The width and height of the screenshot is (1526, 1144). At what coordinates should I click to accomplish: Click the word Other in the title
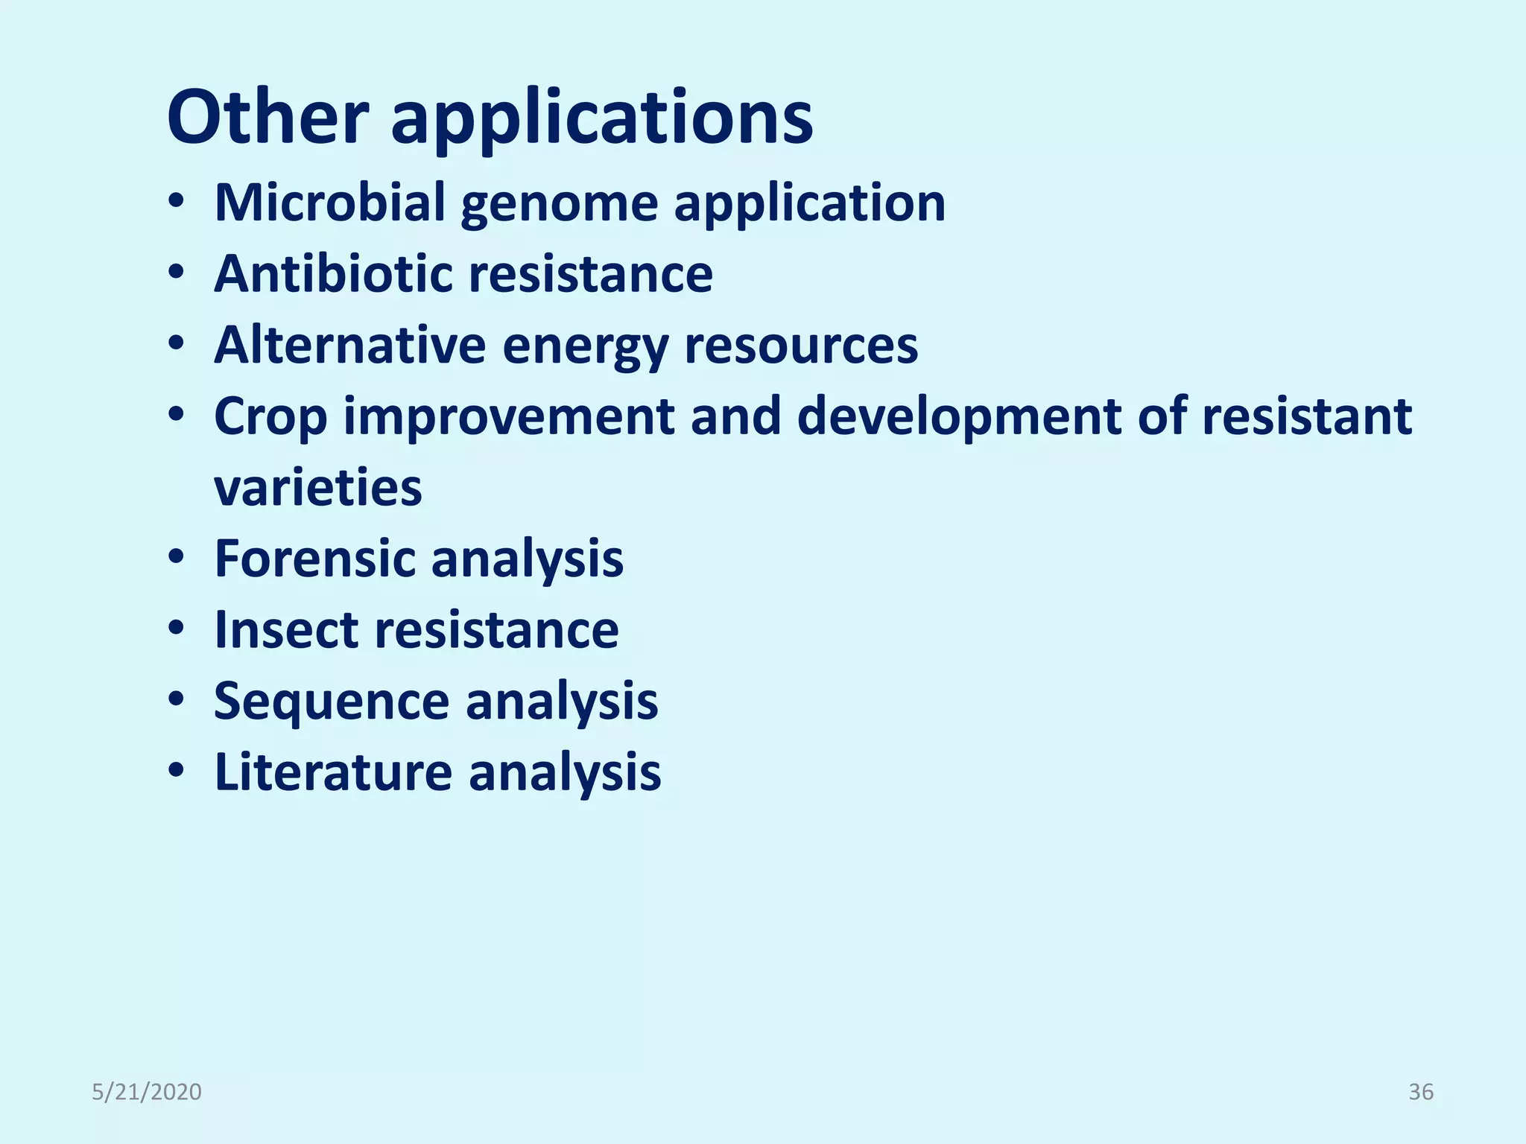(267, 118)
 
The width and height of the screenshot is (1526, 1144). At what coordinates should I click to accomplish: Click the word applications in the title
(602, 119)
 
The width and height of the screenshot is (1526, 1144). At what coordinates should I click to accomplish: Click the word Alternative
(349, 345)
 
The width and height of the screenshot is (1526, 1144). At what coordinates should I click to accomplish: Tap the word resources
(801, 346)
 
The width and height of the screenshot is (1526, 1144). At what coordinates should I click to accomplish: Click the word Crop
(270, 417)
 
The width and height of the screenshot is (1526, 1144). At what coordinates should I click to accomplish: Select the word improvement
(509, 417)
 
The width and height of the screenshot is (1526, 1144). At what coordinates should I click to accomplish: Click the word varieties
(318, 488)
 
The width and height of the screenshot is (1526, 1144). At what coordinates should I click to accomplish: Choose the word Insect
(285, 630)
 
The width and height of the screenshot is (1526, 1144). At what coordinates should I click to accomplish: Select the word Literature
(333, 772)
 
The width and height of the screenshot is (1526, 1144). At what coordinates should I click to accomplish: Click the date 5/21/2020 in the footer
(147, 1092)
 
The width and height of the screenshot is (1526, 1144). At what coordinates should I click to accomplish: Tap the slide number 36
(1420, 1092)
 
